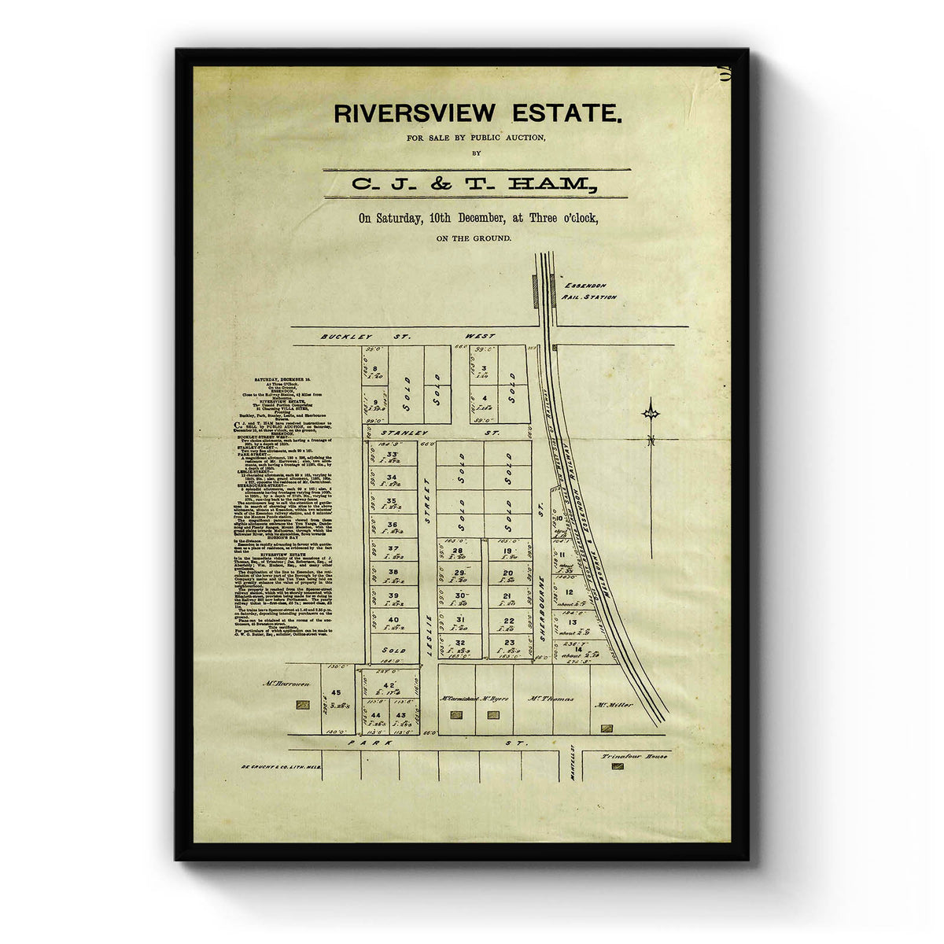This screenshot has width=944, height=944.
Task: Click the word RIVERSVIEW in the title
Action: tap(415, 113)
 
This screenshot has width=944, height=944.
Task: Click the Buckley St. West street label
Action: tap(407, 337)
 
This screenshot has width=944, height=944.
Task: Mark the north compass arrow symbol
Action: tap(651, 411)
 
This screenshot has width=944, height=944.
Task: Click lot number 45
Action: tap(336, 693)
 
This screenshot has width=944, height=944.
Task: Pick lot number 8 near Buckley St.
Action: tap(375, 368)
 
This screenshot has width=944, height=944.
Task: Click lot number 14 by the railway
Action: tap(577, 648)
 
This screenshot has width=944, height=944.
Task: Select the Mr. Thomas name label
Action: tap(551, 698)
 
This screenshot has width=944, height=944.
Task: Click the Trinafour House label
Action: tap(634, 756)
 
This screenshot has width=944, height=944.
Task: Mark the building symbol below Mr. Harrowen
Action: tap(302, 706)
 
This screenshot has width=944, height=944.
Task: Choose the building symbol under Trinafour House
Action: tap(617, 766)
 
